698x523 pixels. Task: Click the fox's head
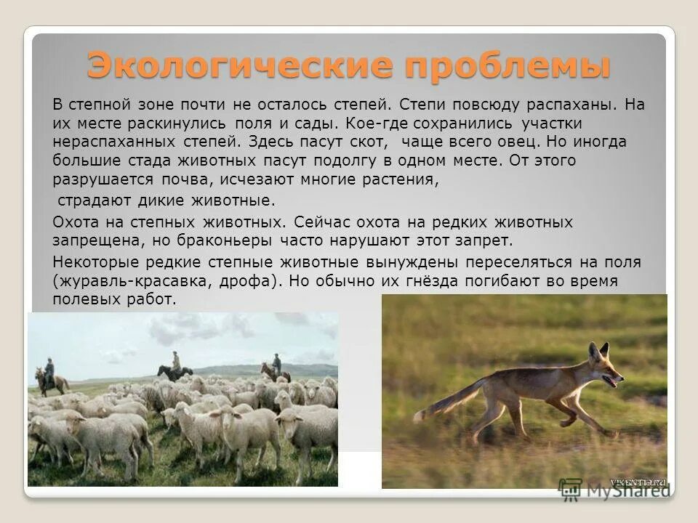coord(604,368)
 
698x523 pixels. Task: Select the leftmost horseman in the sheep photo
coord(48,374)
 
